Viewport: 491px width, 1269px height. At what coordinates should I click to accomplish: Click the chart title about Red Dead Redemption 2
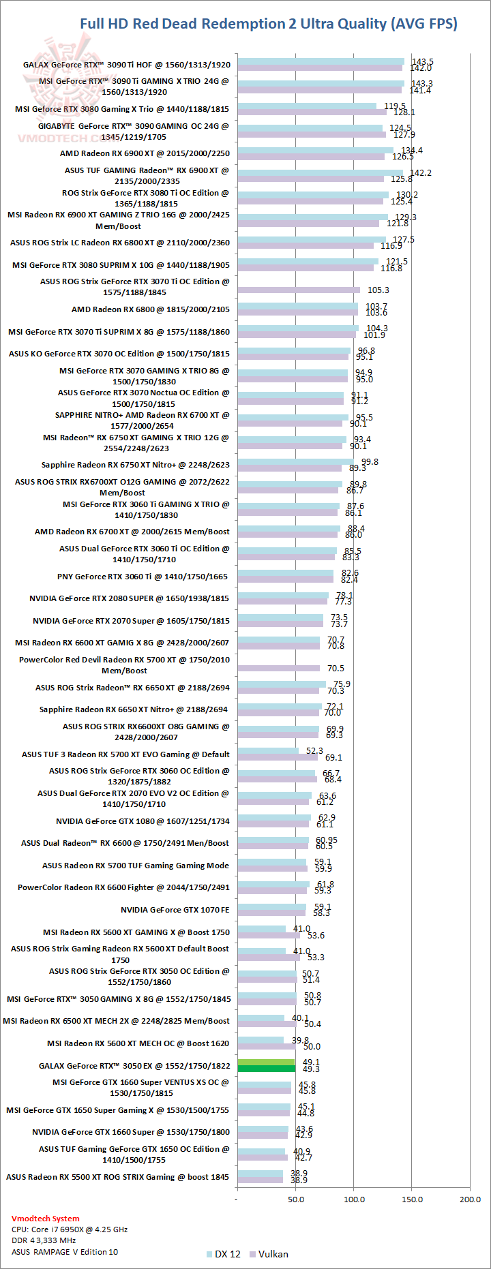269,24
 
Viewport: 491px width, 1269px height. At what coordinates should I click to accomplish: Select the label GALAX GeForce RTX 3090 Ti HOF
127,65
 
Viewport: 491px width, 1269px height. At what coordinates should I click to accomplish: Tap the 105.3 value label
378,290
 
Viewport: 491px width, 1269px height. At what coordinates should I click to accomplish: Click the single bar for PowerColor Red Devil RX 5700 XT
278,668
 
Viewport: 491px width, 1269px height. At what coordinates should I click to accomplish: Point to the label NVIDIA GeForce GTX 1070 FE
175,910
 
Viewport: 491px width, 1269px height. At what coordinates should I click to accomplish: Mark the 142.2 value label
420,173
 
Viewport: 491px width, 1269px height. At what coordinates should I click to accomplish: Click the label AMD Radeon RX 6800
150,309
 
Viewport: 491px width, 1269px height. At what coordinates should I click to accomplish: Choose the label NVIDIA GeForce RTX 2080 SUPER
129,598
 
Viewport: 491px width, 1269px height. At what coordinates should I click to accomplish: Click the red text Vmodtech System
45,1219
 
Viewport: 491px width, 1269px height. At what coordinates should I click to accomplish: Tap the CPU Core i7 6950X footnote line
70,1229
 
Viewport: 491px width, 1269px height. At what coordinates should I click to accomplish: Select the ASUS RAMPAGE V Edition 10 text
65,1252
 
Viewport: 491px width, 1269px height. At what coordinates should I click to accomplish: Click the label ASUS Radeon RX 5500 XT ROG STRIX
117,1177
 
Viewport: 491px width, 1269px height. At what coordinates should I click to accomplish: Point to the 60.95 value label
327,840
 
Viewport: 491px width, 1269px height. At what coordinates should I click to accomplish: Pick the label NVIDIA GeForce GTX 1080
143,821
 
